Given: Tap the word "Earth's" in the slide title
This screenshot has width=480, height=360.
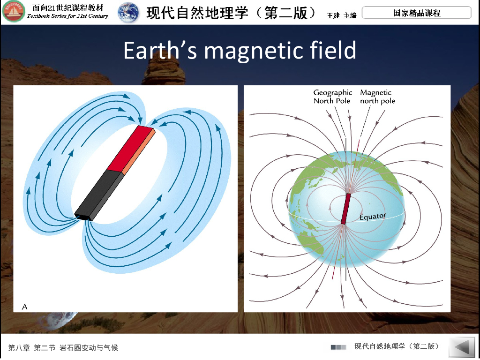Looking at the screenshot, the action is coord(160,50).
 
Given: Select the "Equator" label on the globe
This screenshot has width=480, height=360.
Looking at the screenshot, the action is coord(373,217).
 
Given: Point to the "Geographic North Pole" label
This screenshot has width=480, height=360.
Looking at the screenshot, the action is coord(332,97).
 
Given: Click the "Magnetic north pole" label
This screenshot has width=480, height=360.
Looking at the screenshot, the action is coord(377,97).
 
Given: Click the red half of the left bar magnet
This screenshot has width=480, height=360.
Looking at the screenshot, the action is coord(131,149).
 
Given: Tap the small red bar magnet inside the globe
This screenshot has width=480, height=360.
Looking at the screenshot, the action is coord(346,209).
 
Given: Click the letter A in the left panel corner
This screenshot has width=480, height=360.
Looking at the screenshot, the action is coord(25,307).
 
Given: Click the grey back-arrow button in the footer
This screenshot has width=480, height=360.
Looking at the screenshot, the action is coord(463,347).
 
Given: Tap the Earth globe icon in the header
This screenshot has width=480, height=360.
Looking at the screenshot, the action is coord(128,13).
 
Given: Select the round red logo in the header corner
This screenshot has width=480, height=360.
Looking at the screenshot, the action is coord(14,11).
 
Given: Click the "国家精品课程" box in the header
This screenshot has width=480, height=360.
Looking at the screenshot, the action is coord(416,13).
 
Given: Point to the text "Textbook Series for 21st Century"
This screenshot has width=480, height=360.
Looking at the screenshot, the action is coord(67,16).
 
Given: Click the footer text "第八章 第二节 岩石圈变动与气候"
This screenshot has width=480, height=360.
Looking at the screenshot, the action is coord(63,348).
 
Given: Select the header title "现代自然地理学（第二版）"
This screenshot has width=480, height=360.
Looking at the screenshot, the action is coord(232,13).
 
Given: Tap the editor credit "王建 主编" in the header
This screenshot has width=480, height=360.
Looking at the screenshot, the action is coord(342,15).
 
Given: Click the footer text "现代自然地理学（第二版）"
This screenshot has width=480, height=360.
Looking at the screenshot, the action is coord(397,346).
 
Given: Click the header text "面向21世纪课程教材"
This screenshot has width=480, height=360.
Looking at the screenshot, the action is coord(68,7).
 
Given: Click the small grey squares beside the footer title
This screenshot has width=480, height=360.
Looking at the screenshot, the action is coord(338,347).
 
